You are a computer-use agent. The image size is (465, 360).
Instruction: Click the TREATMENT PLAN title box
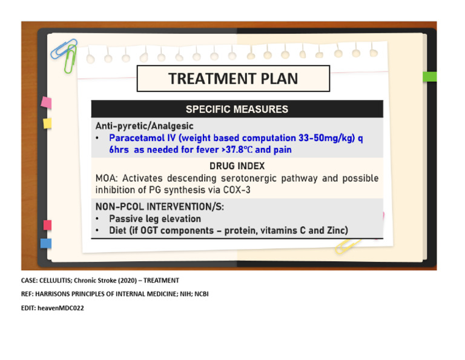233,79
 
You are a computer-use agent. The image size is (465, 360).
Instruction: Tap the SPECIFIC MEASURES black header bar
237,110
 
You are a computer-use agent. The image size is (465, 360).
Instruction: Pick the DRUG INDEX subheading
237,165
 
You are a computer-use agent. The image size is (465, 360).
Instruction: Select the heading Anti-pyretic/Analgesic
144,126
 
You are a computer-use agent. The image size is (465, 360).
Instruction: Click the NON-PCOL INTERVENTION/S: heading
159,207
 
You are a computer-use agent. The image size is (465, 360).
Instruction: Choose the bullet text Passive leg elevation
155,219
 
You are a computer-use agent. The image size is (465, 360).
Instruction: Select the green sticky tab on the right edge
429,77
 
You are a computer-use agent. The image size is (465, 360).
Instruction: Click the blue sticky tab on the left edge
46,244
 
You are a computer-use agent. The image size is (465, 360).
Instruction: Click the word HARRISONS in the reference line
61,294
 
